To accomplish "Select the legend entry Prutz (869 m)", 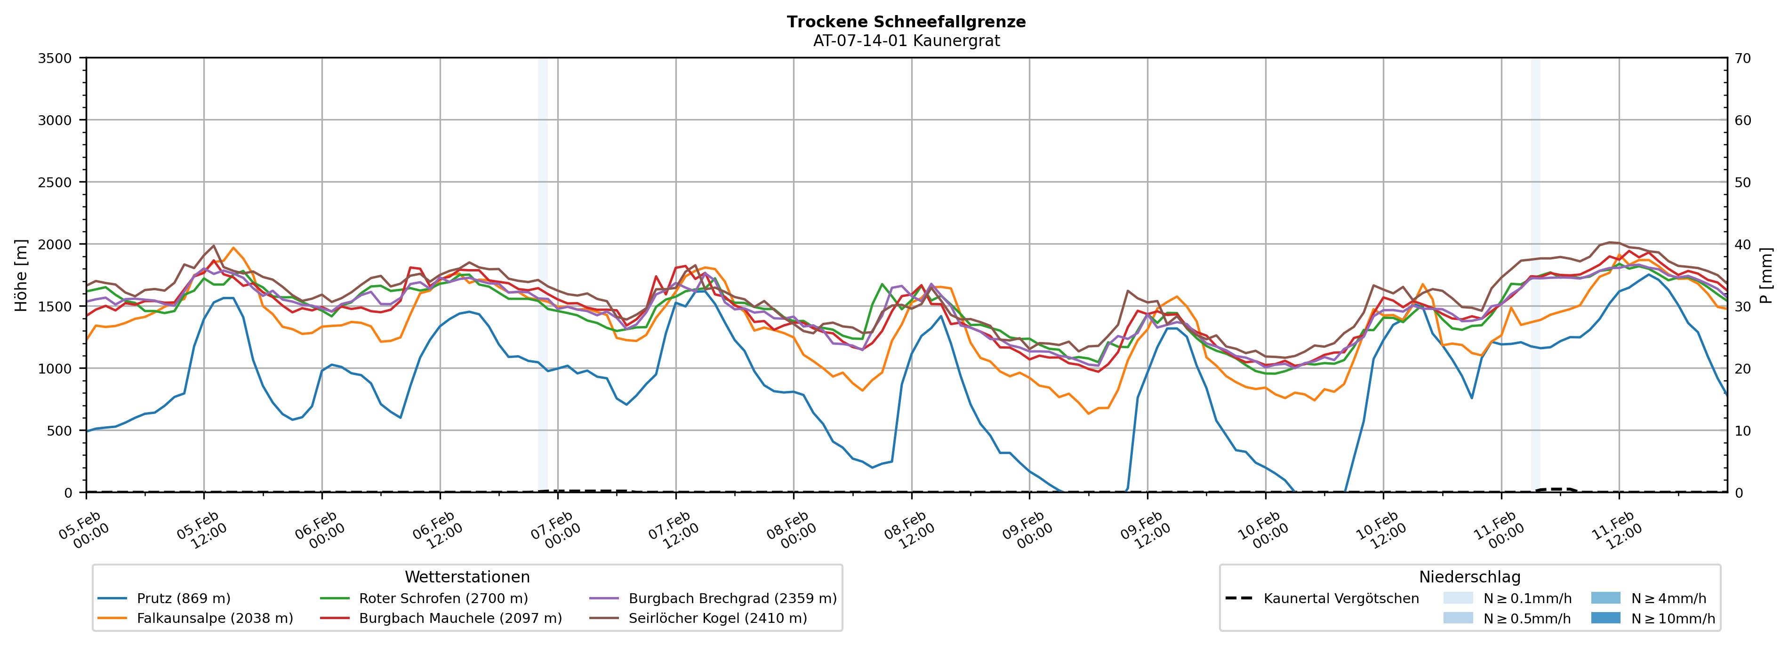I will [184, 598].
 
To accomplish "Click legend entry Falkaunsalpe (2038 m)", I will [215, 618].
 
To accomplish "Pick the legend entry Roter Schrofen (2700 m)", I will [443, 598].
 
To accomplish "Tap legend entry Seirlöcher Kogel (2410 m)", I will [717, 618].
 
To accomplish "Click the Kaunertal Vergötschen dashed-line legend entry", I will [1340, 598].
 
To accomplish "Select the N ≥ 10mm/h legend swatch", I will [1605, 618].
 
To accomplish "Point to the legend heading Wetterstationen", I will [467, 577].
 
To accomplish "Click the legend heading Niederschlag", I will [1469, 577].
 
